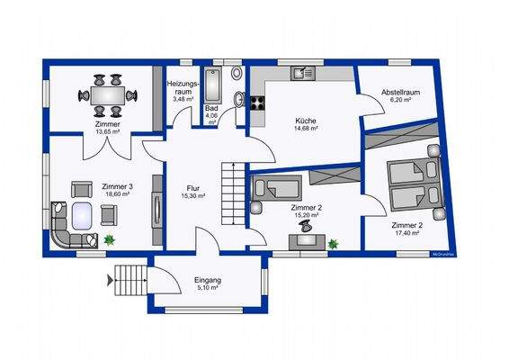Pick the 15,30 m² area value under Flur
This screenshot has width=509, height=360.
[193, 196]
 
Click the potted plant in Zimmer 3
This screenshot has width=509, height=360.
[110, 239]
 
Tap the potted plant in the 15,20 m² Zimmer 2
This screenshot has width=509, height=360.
[333, 243]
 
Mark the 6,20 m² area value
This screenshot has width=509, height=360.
[401, 100]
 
